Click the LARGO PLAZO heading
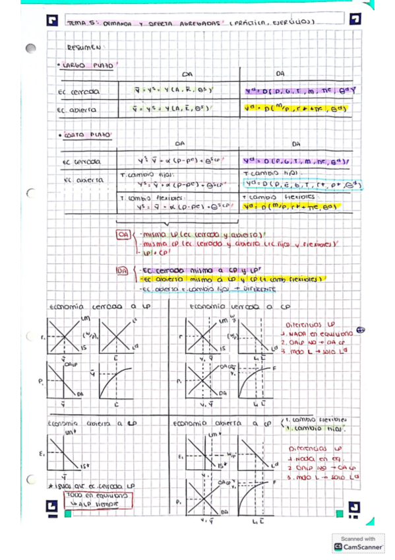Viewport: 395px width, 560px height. (88, 66)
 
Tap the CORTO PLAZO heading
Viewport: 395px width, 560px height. (88, 135)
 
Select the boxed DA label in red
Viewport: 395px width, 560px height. (122, 270)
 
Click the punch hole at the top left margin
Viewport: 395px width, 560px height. (30, 49)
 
